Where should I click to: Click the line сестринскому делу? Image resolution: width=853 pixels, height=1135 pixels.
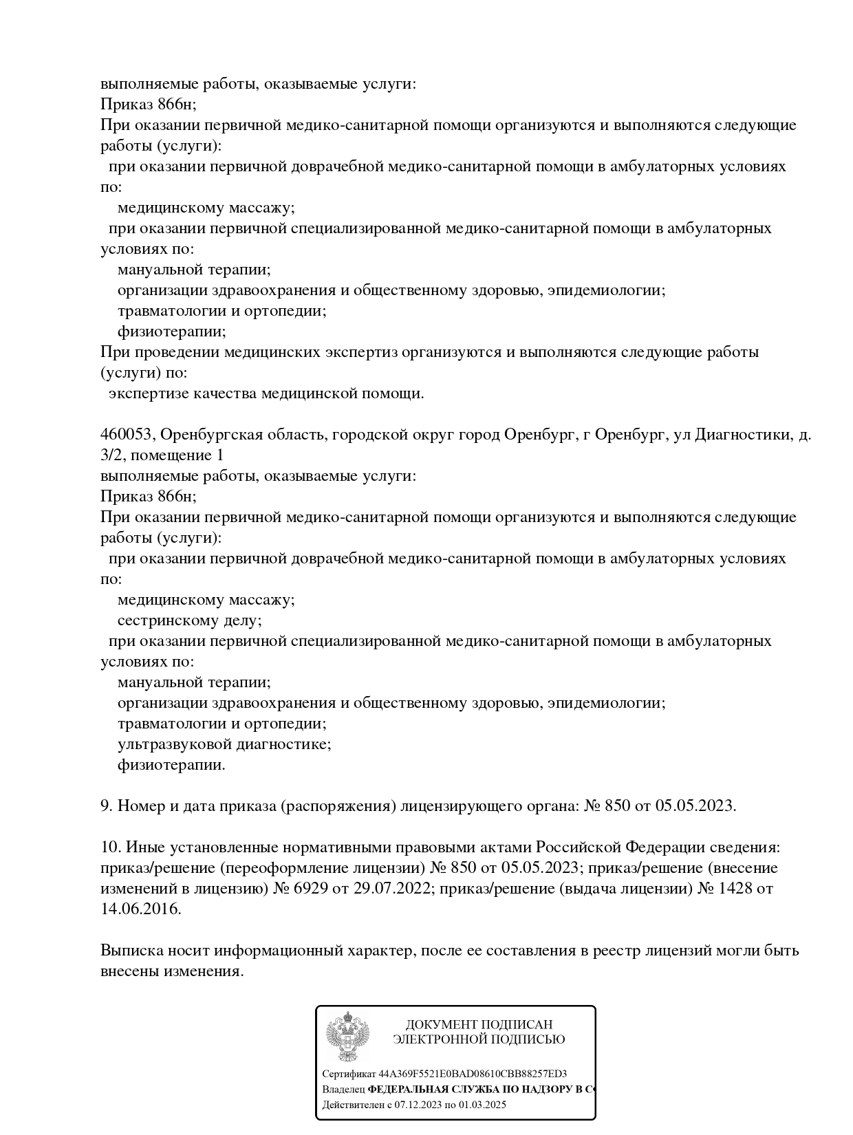pyautogui.click(x=190, y=620)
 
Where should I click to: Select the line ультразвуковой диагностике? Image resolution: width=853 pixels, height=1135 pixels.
pyautogui.click(x=224, y=744)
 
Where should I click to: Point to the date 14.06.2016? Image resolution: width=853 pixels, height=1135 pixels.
pyautogui.click(x=140, y=909)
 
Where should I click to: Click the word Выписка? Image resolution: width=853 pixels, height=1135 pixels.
pyautogui.click(x=129, y=951)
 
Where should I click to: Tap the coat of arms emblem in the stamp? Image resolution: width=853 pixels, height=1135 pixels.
pyautogui.click(x=348, y=1037)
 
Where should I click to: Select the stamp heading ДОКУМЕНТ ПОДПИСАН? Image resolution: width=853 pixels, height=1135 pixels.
pyautogui.click(x=479, y=1025)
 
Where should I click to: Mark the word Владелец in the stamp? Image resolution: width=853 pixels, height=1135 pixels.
pyautogui.click(x=343, y=1090)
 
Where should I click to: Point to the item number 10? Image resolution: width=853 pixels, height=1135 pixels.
pyautogui.click(x=111, y=847)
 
